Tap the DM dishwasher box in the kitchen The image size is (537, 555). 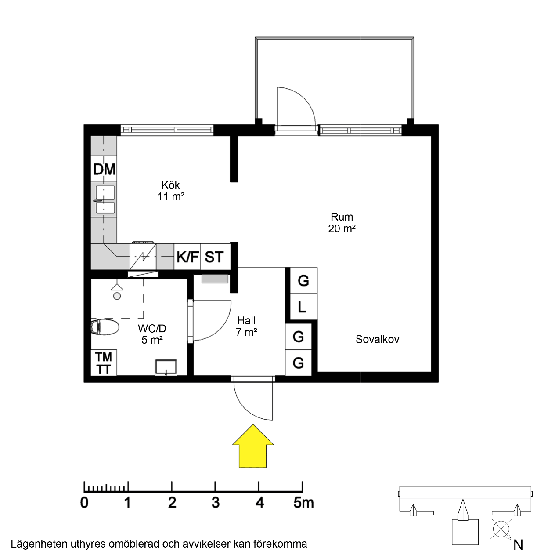tap(104, 169)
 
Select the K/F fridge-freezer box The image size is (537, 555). tap(187, 257)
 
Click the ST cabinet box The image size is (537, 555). tap(214, 257)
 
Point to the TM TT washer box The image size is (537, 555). tap(104, 363)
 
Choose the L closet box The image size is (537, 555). tap(302, 307)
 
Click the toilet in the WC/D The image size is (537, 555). tap(105, 327)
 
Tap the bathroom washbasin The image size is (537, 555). tap(166, 367)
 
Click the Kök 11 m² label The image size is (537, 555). tap(171, 191)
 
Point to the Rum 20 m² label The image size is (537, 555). tap(342, 222)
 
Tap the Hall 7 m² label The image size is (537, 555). tap(246, 326)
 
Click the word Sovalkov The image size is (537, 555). tap(377, 339)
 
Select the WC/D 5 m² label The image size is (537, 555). tap(152, 334)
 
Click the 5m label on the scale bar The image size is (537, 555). tap(303, 502)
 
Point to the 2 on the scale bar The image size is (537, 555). tap(172, 502)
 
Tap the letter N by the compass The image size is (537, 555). tap(518, 545)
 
